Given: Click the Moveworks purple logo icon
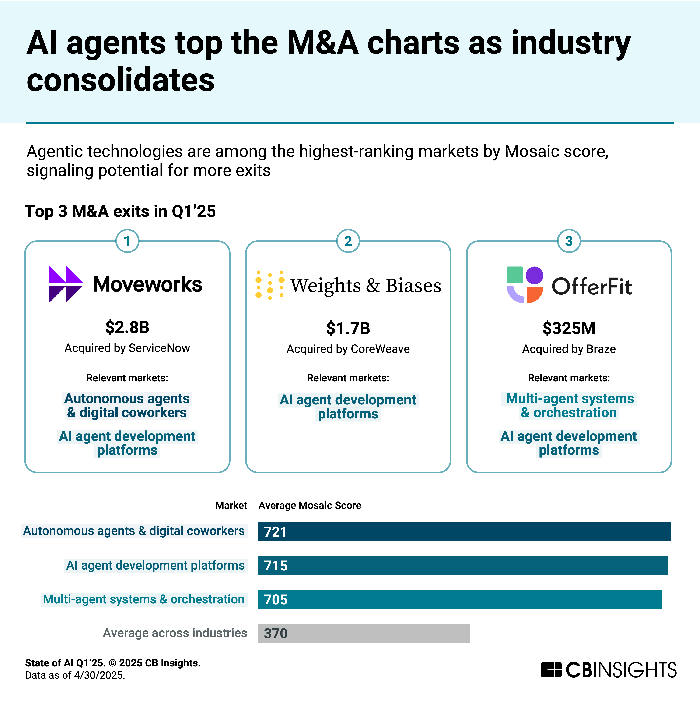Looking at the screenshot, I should pos(66,284).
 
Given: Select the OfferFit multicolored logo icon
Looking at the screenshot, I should pos(525,285).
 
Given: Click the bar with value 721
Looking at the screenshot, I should pos(464,531).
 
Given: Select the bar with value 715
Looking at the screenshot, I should pos(462,565).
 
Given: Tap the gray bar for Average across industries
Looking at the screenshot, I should pos(364,633).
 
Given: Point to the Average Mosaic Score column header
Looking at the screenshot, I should pos(310,505).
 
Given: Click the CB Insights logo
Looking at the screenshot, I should pos(608,670).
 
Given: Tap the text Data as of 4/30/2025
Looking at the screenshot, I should pos(75,675).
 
